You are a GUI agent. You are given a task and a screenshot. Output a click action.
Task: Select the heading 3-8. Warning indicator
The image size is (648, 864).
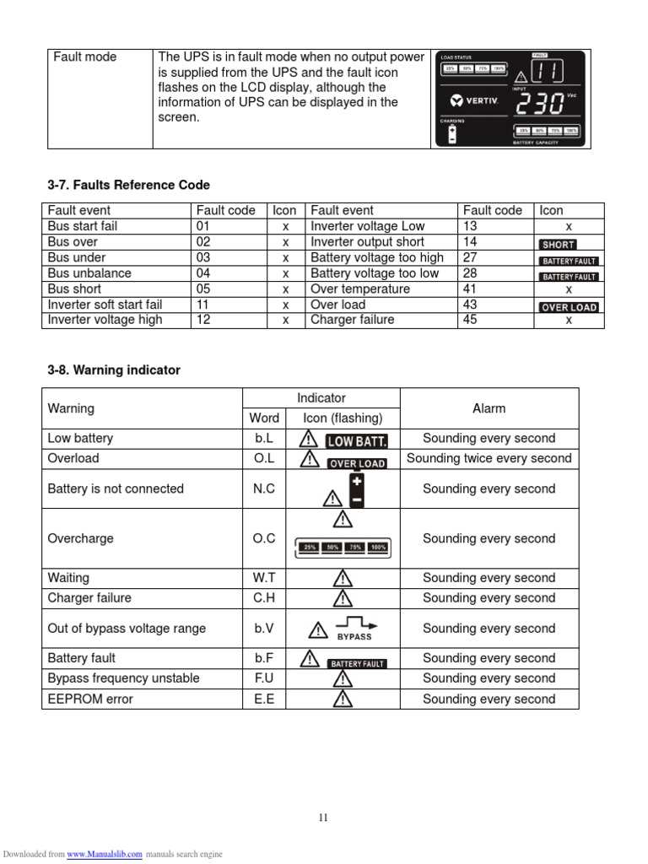click(114, 370)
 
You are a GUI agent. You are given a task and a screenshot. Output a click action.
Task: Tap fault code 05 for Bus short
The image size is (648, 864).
click(203, 289)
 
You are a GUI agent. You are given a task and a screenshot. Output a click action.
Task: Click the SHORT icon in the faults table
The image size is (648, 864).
click(558, 243)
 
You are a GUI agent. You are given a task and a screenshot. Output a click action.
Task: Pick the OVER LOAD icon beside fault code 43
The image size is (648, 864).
click(569, 307)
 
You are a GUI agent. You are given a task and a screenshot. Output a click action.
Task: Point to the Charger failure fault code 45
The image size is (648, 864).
click(470, 320)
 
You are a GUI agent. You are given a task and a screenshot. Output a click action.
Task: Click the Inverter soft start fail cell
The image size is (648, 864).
click(105, 305)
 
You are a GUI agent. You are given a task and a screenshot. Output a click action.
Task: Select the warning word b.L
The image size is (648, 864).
click(264, 439)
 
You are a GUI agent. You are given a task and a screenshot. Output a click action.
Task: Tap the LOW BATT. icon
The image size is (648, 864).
click(357, 440)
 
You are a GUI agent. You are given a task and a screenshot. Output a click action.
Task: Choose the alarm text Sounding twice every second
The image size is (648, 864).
click(489, 458)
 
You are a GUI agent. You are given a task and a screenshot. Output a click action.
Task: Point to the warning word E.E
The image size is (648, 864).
click(264, 699)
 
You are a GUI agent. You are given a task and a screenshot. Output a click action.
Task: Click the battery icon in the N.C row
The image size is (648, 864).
click(357, 489)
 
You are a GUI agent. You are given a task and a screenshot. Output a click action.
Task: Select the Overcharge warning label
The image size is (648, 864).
click(80, 538)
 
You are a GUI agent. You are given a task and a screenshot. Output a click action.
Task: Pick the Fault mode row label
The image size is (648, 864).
click(85, 57)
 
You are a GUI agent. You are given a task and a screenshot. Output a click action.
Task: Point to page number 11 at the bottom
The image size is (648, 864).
click(323, 817)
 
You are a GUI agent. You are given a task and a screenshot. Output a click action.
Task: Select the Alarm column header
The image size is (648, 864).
click(489, 408)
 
